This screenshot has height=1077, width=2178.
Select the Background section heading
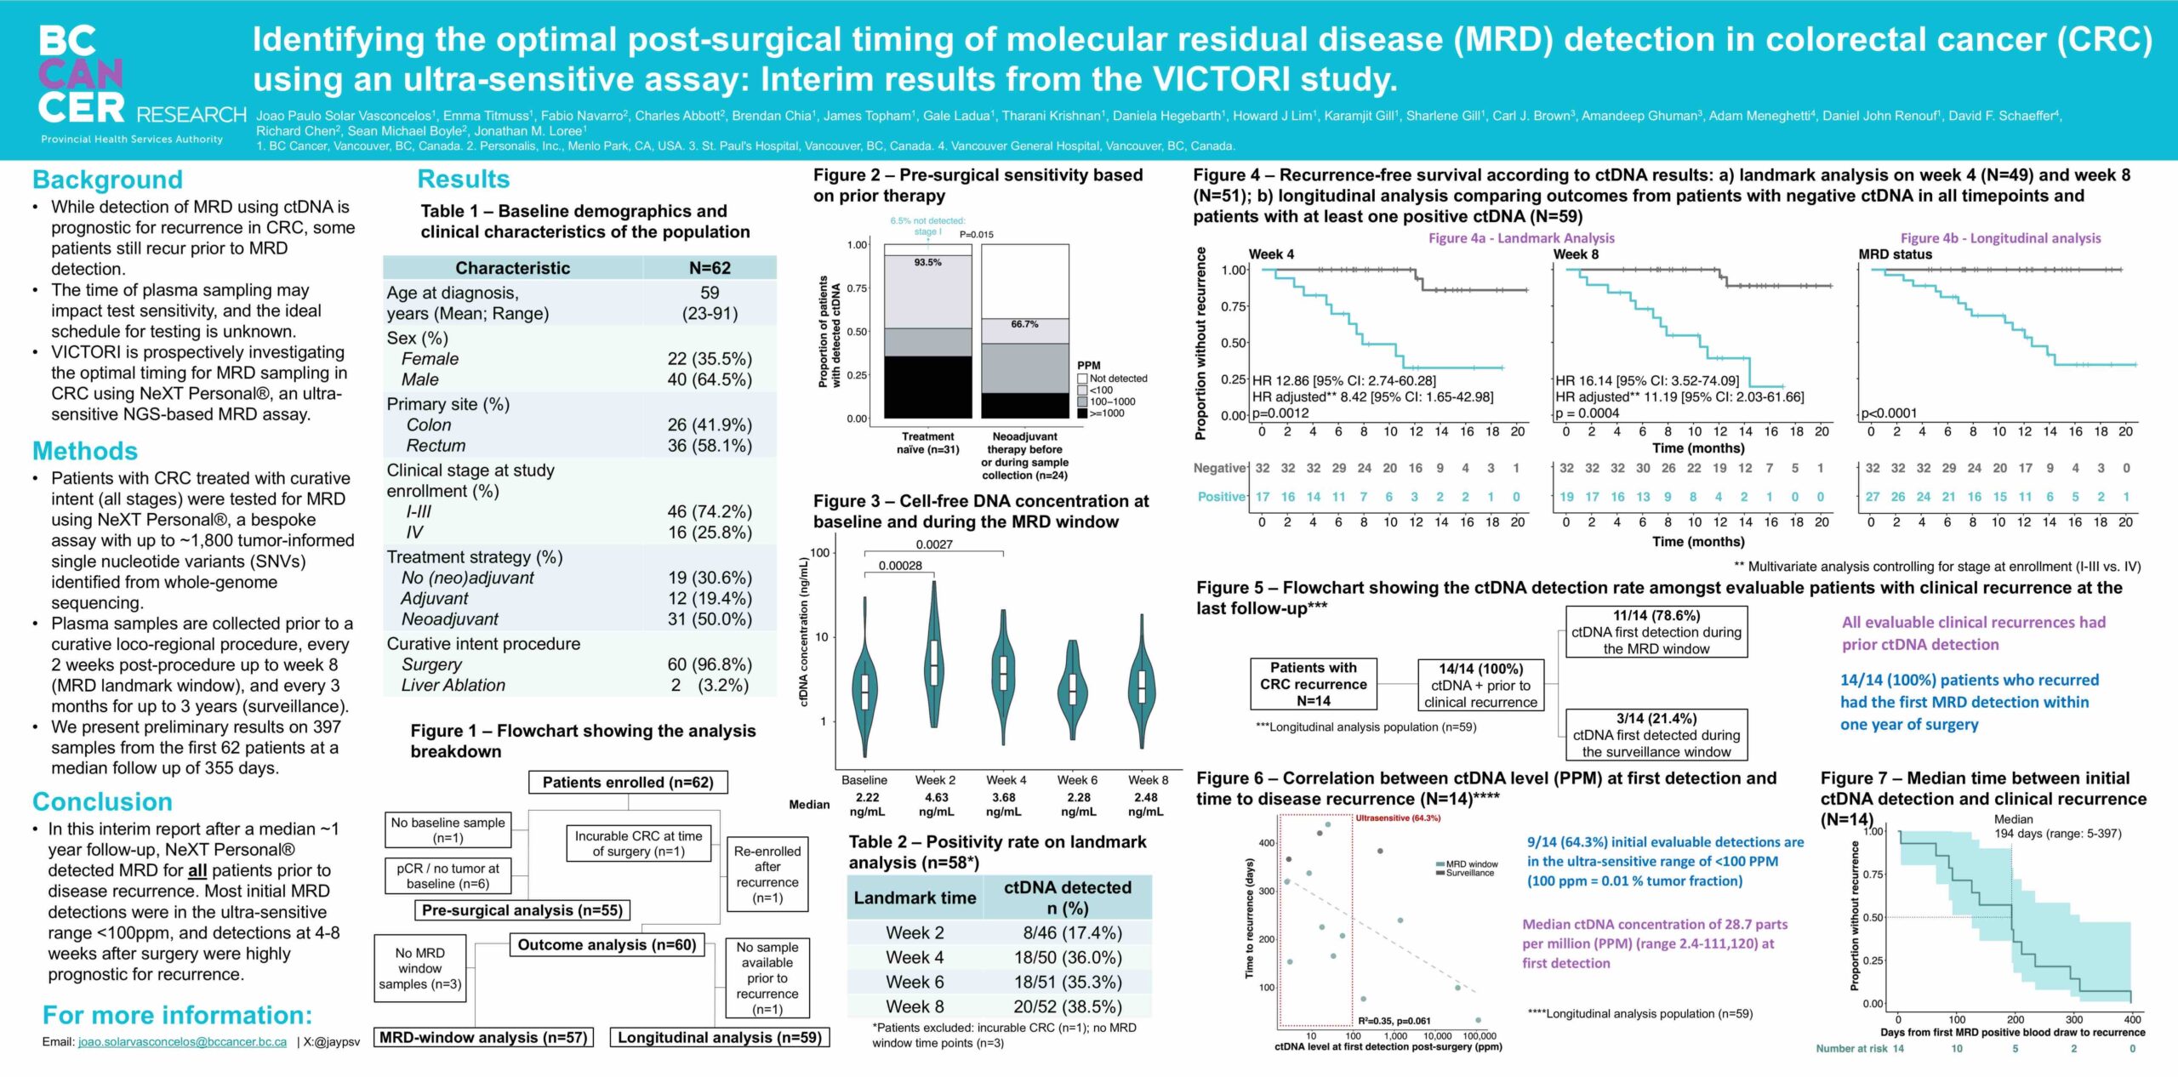click(107, 179)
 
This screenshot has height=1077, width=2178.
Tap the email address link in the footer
click(182, 1041)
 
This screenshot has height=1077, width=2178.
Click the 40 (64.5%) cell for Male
click(710, 379)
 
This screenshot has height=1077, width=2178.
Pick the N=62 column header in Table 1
click(710, 268)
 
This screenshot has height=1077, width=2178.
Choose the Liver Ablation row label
click(453, 685)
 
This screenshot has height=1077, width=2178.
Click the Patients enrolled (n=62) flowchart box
click(628, 783)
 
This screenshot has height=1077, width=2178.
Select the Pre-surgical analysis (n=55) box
click(522, 910)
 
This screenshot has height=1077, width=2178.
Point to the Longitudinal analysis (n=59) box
click(720, 1037)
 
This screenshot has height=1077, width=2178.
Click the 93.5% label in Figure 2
click(927, 263)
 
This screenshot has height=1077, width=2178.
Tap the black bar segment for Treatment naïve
click(927, 387)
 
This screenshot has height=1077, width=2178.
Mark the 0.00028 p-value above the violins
click(900, 566)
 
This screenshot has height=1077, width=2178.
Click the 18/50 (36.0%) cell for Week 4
click(1067, 957)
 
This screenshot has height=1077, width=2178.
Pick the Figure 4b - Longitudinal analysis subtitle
click(2000, 238)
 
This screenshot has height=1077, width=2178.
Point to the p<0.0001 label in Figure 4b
click(1889, 413)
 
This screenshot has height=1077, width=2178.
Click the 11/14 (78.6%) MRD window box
click(1656, 632)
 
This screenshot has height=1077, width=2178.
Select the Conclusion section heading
click(102, 801)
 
